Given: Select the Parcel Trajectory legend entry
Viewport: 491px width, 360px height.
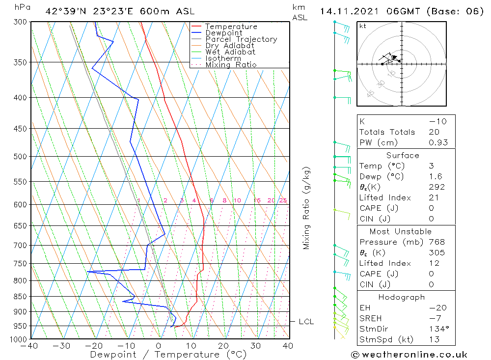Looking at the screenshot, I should (241, 39).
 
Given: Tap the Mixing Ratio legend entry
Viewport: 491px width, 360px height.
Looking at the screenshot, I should (231, 65).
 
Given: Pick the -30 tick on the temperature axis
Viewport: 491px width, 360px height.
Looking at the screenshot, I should (62, 346).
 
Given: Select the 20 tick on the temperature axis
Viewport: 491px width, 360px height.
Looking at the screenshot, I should (223, 346).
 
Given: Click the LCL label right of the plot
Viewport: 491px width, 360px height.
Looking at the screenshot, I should (306, 322).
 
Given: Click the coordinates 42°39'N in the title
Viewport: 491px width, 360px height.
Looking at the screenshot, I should (63, 11).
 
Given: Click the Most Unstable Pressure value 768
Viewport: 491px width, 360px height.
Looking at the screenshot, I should (436, 242).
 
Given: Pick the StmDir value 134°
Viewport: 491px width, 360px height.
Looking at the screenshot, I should (438, 329).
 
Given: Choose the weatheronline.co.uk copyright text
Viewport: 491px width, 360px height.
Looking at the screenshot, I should (409, 355).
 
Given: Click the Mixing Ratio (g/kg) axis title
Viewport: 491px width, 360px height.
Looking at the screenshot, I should (306, 208).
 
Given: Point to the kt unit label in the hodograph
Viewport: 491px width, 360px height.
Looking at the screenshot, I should (363, 26).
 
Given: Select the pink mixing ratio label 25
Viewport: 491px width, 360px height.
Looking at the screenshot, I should (283, 200).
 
